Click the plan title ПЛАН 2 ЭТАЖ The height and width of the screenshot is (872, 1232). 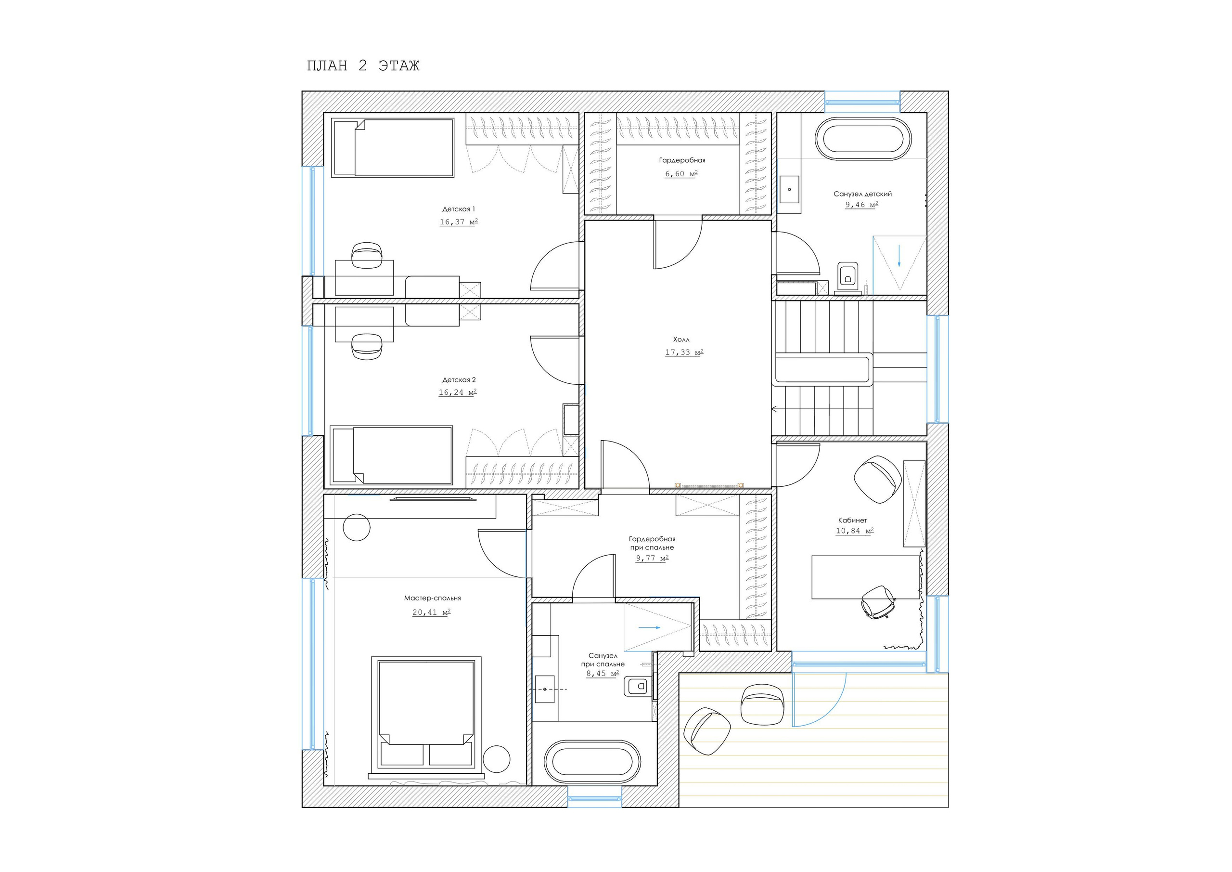coord(363,65)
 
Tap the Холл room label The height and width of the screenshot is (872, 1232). coord(681,339)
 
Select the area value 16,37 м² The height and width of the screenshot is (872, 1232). coord(459,222)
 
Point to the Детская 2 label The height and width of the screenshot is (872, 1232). coord(459,379)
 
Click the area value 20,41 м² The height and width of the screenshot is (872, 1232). coord(431,612)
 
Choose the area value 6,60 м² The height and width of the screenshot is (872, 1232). coord(681,173)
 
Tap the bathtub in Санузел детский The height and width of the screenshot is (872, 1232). coord(863,139)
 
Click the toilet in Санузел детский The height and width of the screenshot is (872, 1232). coord(848,278)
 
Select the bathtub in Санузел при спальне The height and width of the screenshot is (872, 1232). coord(592,761)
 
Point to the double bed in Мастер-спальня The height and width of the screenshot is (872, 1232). coord(426,717)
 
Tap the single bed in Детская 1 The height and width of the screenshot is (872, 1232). coord(393,148)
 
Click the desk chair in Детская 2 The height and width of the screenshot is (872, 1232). coord(367,346)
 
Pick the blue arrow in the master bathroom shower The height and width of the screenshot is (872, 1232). coord(649,626)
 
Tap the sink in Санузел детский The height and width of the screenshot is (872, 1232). coord(789,189)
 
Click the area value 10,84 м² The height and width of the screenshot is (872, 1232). coord(855,531)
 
